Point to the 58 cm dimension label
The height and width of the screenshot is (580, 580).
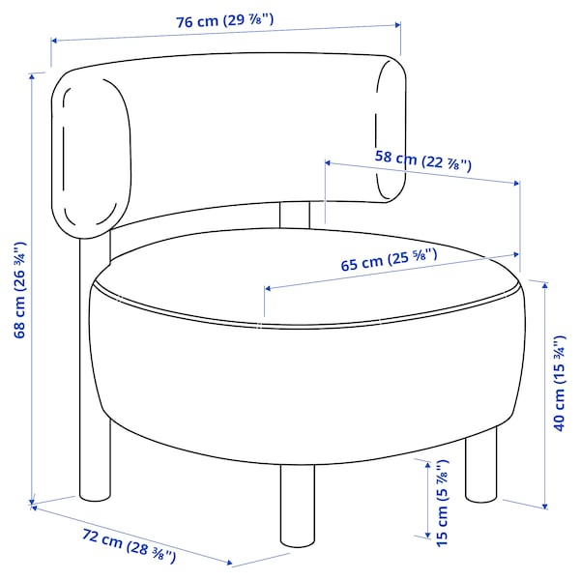[422, 160]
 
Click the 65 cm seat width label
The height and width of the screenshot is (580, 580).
[389, 259]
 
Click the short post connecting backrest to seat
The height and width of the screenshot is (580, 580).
[294, 215]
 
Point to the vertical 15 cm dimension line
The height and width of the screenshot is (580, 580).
[426, 498]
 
